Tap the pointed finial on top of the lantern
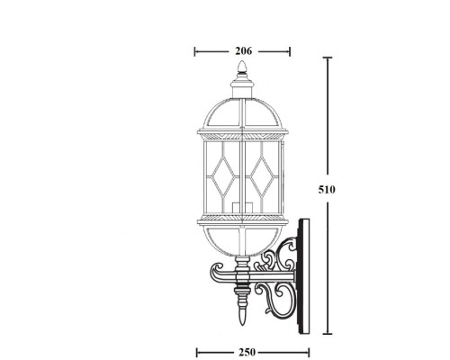point(240,71)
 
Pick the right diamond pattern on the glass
point(265,173)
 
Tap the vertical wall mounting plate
point(304,270)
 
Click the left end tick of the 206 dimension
point(196,50)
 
